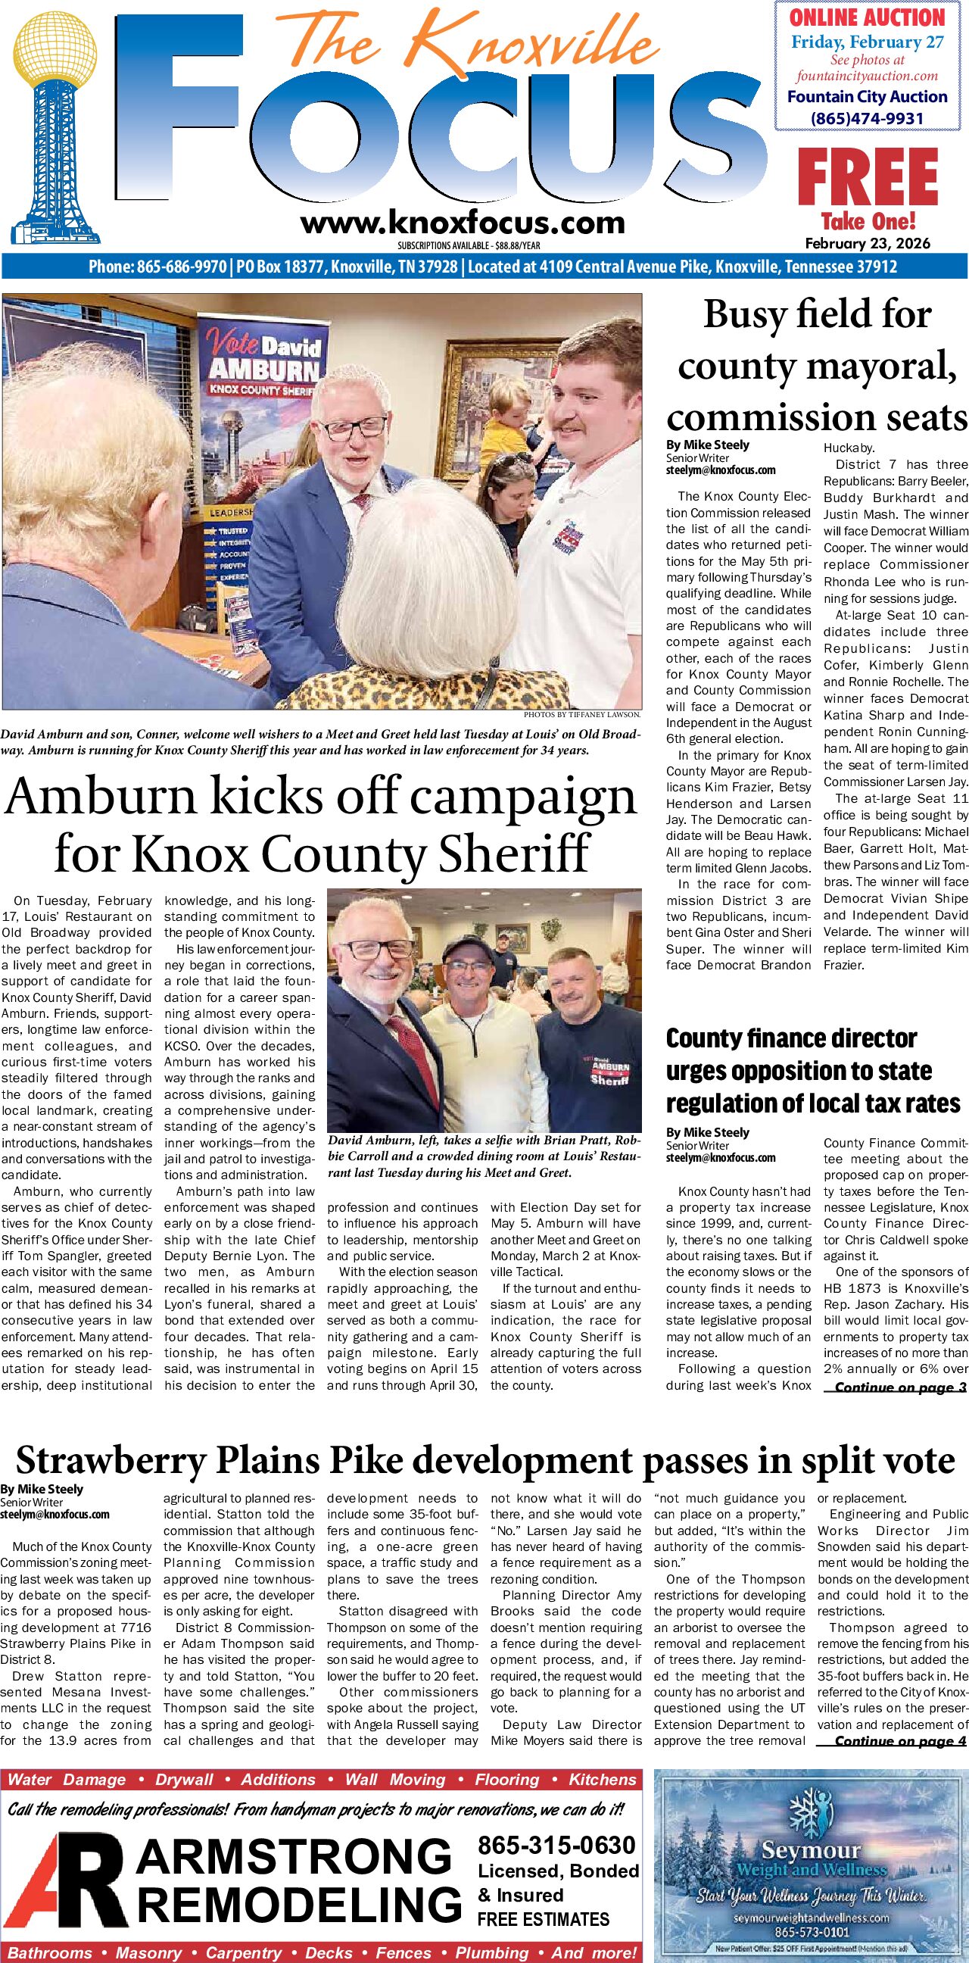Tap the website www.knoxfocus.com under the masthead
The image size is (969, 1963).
click(x=463, y=223)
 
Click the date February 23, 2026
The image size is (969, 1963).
click(x=868, y=244)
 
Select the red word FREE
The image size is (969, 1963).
click(x=868, y=177)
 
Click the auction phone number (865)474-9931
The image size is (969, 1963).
click(x=867, y=119)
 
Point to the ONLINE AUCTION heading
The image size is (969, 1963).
click(x=867, y=17)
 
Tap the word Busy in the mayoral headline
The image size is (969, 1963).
click(x=745, y=314)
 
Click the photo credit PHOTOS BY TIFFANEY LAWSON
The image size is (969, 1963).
click(x=582, y=715)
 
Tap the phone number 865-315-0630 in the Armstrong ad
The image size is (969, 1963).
click(x=556, y=1845)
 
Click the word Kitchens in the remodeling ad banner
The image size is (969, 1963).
click(x=602, y=1780)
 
